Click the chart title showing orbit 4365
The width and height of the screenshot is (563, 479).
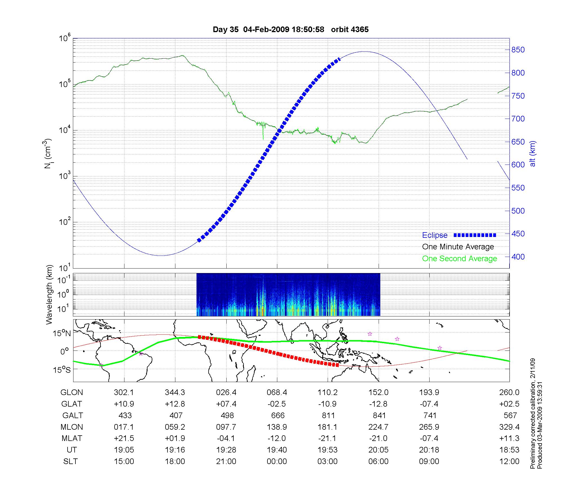coord(291,30)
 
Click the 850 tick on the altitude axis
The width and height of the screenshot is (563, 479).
coord(518,50)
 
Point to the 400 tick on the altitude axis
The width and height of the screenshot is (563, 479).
coord(518,257)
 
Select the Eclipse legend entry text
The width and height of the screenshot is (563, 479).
coord(435,235)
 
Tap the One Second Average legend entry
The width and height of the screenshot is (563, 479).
coord(459,259)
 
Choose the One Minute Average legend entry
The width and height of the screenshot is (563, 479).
coord(458,247)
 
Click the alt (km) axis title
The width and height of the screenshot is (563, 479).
coord(533,154)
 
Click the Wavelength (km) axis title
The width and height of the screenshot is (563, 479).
coord(49,294)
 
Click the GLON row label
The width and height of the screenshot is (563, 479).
coord(72,392)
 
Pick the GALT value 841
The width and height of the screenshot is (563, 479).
coord(379,415)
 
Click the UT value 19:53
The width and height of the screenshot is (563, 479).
coord(328,450)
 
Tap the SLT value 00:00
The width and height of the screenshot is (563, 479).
coord(277,461)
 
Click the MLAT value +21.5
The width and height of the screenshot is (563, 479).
coord(124,438)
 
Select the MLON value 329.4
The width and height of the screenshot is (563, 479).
coord(510,427)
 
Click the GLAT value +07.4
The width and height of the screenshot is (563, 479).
coord(226,404)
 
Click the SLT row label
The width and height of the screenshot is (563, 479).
coord(70,461)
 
